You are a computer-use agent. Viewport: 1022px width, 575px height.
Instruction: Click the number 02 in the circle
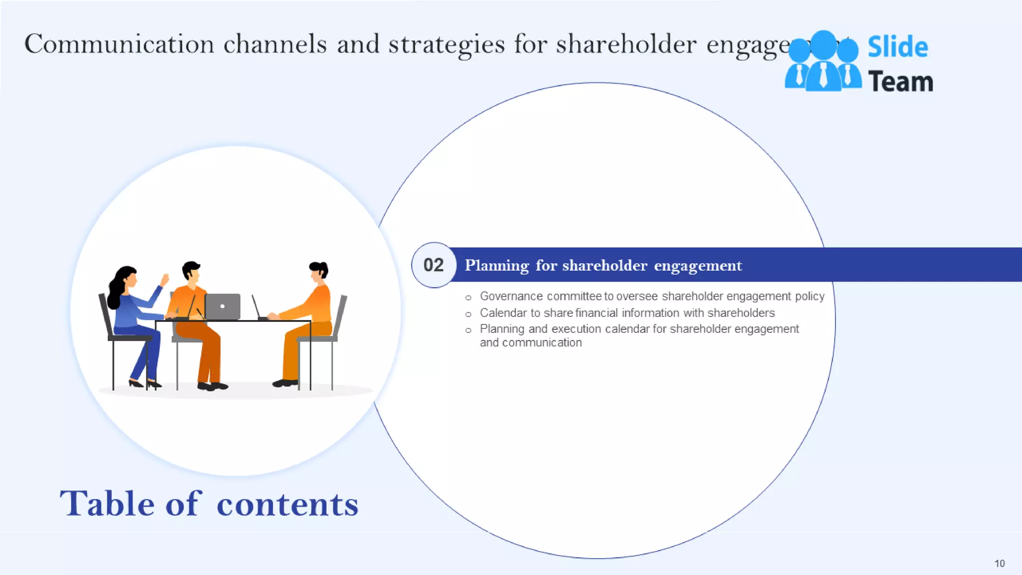[433, 265]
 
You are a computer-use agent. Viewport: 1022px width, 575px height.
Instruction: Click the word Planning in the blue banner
[497, 266]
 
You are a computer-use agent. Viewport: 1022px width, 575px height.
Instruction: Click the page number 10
[999, 564]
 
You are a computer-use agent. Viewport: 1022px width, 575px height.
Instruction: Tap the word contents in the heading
[287, 504]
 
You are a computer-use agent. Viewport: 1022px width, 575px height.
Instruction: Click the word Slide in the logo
[897, 47]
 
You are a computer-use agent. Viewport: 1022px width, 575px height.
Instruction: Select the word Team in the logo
[900, 82]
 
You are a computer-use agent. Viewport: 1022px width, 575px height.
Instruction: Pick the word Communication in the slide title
[119, 44]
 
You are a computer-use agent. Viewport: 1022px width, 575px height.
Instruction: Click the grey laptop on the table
[223, 306]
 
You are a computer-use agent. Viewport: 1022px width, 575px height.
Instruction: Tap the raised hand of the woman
[165, 279]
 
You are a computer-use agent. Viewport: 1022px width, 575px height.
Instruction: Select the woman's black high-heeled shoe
[136, 383]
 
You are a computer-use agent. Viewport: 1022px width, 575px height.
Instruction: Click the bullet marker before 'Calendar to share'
[468, 314]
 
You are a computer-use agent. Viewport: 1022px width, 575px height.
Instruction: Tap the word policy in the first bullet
[809, 296]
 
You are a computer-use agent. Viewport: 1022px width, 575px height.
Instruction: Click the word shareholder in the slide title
[626, 44]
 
